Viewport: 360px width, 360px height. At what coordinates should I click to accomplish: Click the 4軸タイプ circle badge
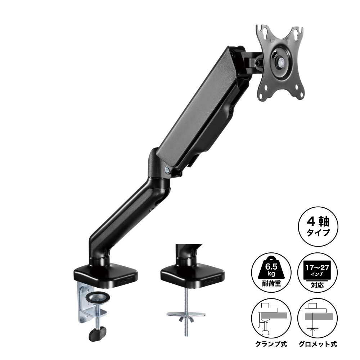[318, 226]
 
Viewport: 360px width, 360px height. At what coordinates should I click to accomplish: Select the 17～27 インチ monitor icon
[318, 271]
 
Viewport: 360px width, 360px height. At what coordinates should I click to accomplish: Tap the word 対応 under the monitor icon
[318, 285]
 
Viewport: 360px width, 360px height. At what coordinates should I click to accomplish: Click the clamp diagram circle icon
[271, 319]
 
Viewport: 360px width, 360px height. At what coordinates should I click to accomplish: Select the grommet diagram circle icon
[318, 319]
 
